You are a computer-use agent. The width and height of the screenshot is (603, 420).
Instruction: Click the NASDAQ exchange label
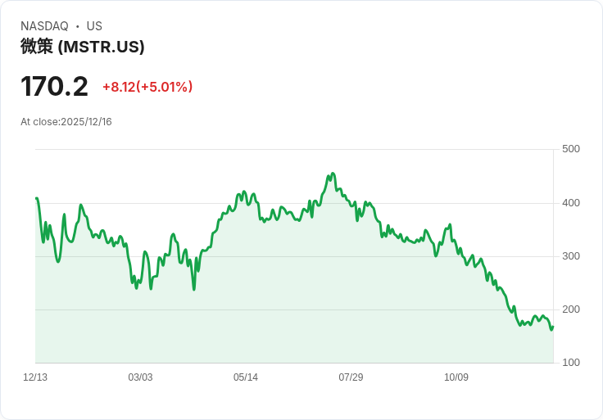(x=44, y=26)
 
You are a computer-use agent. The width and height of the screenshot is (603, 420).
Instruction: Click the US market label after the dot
(x=94, y=26)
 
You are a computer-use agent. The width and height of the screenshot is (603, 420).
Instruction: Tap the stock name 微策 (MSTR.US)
(x=82, y=47)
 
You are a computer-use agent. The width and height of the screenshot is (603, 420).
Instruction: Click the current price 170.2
(x=54, y=86)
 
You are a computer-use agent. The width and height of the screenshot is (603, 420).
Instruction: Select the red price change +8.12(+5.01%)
(x=147, y=87)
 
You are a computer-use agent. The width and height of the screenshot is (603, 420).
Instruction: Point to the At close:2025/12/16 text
(x=66, y=122)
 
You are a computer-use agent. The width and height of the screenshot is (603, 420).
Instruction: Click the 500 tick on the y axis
(x=571, y=149)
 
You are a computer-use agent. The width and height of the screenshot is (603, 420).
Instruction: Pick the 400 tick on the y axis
(x=571, y=203)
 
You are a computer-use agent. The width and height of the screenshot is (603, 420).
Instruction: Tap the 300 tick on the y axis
(x=571, y=256)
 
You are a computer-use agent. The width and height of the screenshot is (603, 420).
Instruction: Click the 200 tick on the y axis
(x=571, y=309)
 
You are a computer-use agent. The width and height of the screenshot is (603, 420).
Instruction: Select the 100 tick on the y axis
(x=571, y=363)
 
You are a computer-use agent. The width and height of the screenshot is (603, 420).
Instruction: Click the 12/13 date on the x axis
(x=35, y=377)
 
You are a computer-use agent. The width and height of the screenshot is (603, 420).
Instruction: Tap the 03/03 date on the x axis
(x=140, y=377)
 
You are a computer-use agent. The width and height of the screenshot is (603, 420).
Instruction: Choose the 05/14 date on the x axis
(x=246, y=377)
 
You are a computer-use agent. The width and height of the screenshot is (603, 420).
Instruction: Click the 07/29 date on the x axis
(x=351, y=377)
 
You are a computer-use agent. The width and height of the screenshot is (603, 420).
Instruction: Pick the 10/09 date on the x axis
(x=456, y=377)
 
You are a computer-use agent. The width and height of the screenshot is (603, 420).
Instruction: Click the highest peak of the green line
(x=332, y=174)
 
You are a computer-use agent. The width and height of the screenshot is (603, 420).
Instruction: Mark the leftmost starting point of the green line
(x=36, y=198)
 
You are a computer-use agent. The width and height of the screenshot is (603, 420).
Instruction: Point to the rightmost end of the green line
(x=553, y=327)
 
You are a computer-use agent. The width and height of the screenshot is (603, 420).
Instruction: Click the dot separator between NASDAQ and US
(x=78, y=26)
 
